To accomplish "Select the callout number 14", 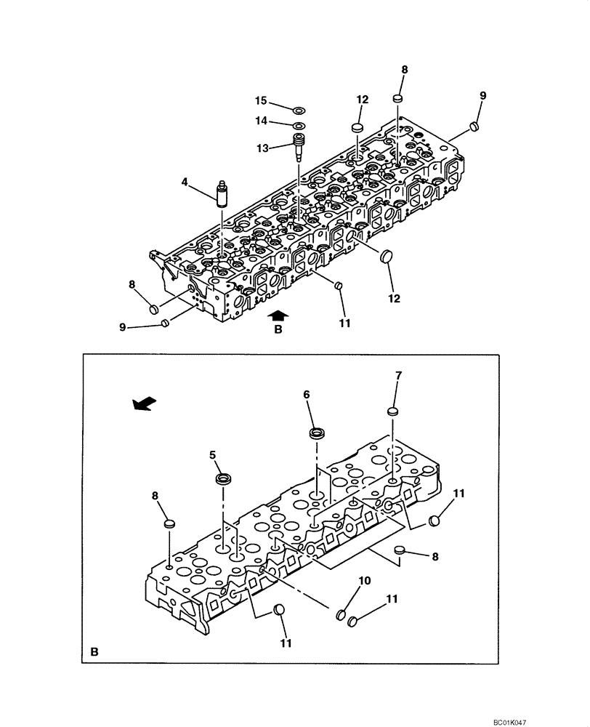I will (x=259, y=120).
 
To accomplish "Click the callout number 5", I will (x=213, y=455).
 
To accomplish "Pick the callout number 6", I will (x=307, y=394).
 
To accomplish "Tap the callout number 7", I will (x=398, y=376).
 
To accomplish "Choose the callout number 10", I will (x=365, y=582).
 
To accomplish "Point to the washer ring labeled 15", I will (x=299, y=111).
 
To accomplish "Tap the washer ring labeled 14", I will (x=299, y=126).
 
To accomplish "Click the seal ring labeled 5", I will (x=222, y=480).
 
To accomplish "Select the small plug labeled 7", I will (x=393, y=412).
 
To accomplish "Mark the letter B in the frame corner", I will (x=94, y=652).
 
